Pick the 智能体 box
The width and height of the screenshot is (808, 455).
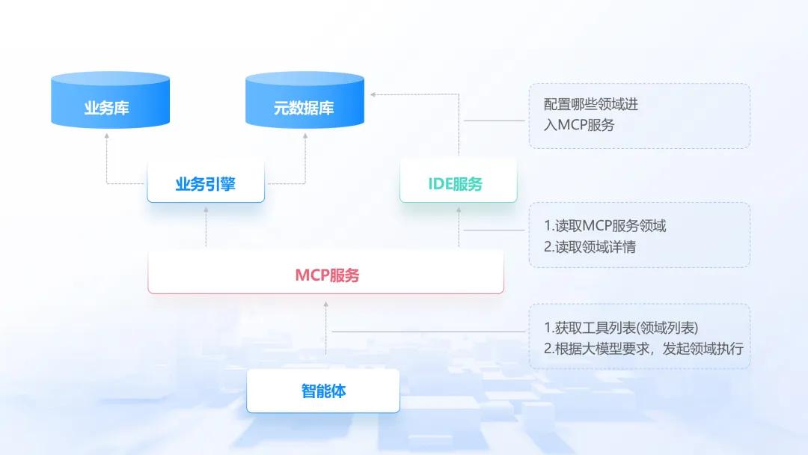323,391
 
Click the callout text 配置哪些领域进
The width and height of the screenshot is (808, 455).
591,105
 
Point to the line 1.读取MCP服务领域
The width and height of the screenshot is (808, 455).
605,225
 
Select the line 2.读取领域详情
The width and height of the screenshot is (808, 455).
590,247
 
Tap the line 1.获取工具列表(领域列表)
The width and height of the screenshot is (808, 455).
625,328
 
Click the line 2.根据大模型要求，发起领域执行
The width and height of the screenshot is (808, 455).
643,349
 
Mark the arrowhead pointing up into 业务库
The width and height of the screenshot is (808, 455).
106,136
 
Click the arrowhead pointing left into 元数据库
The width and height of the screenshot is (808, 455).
373,94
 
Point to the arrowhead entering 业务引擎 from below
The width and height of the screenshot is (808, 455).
206,211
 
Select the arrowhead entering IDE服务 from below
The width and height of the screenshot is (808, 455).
459,211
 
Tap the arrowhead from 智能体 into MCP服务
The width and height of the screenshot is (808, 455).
326,304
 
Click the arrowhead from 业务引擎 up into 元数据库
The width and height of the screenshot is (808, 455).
305,136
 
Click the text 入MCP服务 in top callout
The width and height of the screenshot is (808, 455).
579,125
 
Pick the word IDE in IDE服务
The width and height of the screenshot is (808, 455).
440,184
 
